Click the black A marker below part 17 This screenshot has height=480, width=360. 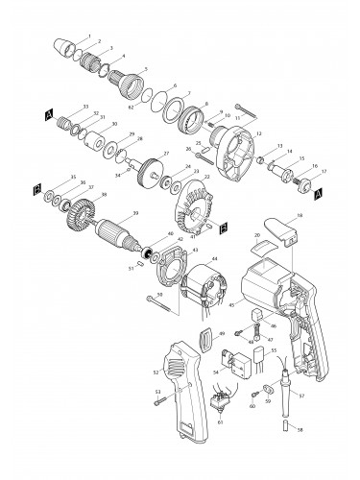click(318, 191)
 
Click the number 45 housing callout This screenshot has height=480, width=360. click(230, 307)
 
